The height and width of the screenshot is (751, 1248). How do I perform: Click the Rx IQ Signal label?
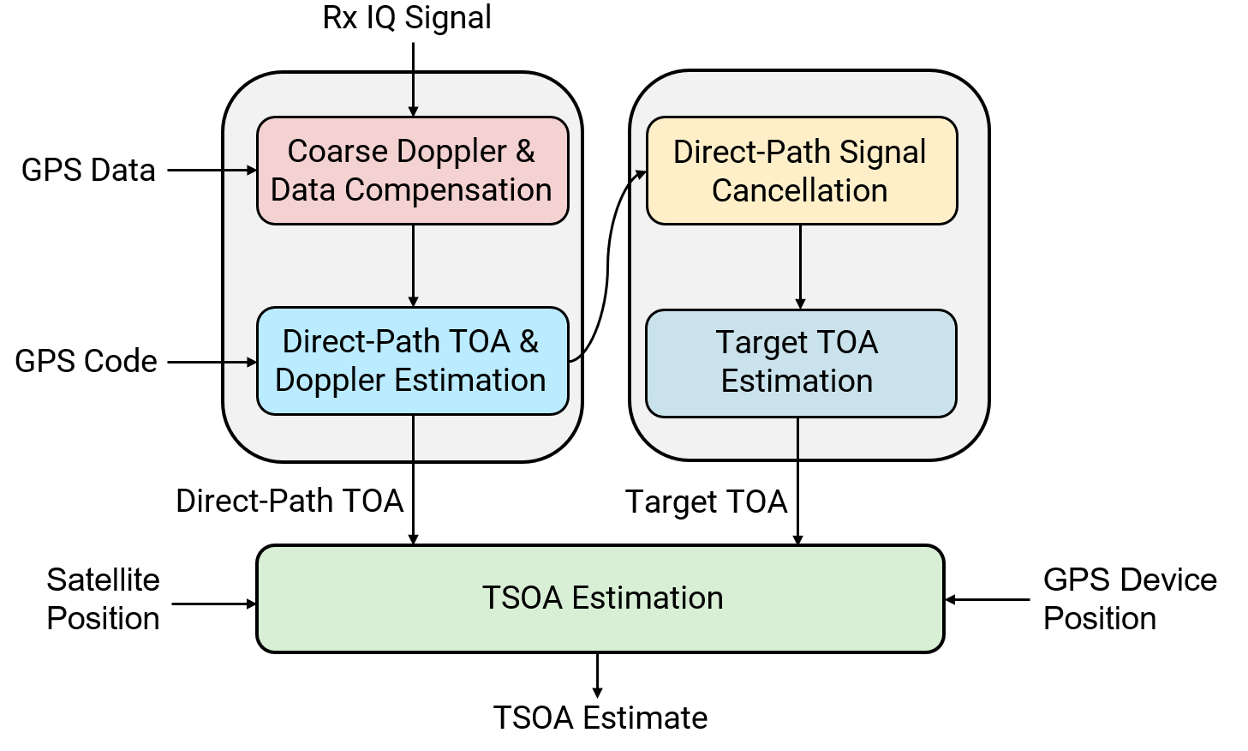407,18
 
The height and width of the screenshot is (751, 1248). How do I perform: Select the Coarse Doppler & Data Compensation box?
412,171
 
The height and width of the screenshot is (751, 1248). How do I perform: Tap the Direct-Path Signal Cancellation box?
801,171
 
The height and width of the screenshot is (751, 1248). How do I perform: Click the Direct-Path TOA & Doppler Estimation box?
412,361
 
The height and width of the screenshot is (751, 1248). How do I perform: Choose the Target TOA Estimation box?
800,363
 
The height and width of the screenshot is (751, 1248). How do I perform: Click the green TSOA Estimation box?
600,598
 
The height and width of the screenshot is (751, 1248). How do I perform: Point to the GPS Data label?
88,171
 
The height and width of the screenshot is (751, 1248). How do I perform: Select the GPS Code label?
86,362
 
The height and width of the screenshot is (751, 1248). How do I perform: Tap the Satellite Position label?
103,599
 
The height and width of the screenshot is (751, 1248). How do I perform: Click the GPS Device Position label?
1129,599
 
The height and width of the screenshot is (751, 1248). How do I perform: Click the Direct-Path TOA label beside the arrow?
290,502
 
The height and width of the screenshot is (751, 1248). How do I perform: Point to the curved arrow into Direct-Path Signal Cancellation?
607,266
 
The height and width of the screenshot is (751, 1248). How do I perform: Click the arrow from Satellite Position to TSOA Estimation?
214,604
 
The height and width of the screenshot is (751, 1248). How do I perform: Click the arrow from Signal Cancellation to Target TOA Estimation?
800,267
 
